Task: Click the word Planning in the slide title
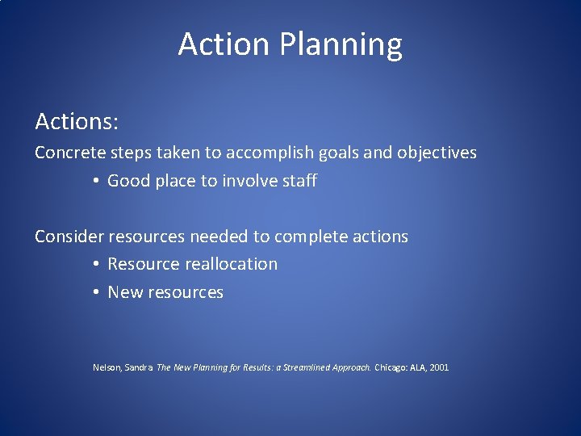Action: point(341,45)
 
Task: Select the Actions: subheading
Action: point(77,122)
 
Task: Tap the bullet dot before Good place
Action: point(95,182)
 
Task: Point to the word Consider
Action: point(69,237)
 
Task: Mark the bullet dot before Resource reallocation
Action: point(95,265)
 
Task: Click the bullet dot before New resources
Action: point(95,293)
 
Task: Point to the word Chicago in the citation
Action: point(392,367)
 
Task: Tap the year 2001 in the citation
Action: point(439,367)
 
